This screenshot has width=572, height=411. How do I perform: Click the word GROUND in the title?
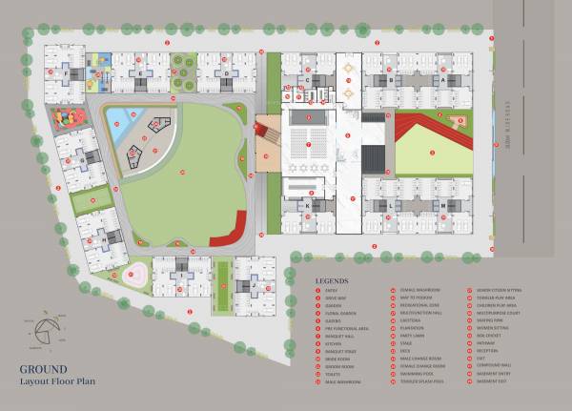43,368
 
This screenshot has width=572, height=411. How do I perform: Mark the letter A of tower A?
441,82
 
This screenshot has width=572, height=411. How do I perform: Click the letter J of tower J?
255,284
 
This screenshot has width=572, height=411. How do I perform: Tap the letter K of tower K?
308,205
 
